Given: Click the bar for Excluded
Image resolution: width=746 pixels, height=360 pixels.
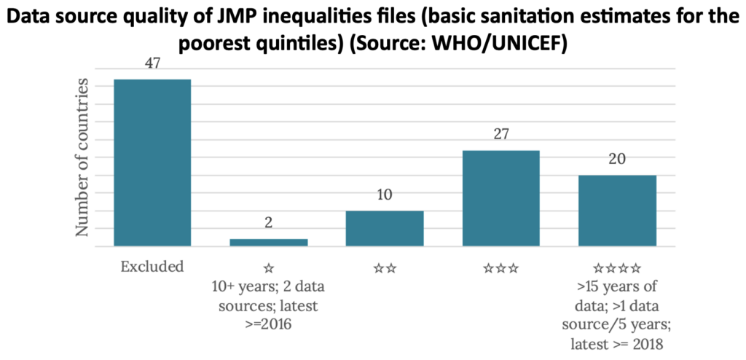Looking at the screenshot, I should pos(152,163).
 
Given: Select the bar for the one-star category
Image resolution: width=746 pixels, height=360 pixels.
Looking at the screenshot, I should pos(268,243).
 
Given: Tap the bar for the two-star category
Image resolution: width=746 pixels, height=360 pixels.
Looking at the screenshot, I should pos(385,229).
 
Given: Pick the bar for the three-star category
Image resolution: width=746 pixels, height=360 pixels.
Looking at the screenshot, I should pos(500,198).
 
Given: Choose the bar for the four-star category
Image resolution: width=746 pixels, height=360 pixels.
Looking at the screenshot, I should pos(617,211).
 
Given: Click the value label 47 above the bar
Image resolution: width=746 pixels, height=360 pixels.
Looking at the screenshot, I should pos(152,63).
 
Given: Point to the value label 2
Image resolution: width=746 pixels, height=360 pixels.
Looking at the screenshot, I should pos(268,223).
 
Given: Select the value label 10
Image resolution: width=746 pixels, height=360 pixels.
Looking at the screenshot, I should pos(385,195).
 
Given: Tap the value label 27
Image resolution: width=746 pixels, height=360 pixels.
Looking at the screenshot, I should pos(500,134).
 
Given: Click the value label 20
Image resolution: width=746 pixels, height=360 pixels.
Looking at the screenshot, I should pos(617,160).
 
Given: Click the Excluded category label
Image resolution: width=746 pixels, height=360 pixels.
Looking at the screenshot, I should pos(152,267).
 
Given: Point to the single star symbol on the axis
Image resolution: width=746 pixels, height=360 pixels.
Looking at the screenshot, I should pos(268,268).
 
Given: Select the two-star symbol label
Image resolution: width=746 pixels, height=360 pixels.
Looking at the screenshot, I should pos(385,268).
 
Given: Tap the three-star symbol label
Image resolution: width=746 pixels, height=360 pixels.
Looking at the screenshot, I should pos(500,268).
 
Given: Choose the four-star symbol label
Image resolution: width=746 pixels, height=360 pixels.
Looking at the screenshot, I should pos(617,268).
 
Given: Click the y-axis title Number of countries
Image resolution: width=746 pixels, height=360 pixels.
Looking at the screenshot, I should pos(86,158).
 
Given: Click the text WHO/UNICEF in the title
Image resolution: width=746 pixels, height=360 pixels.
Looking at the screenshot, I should pos(503,44).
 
